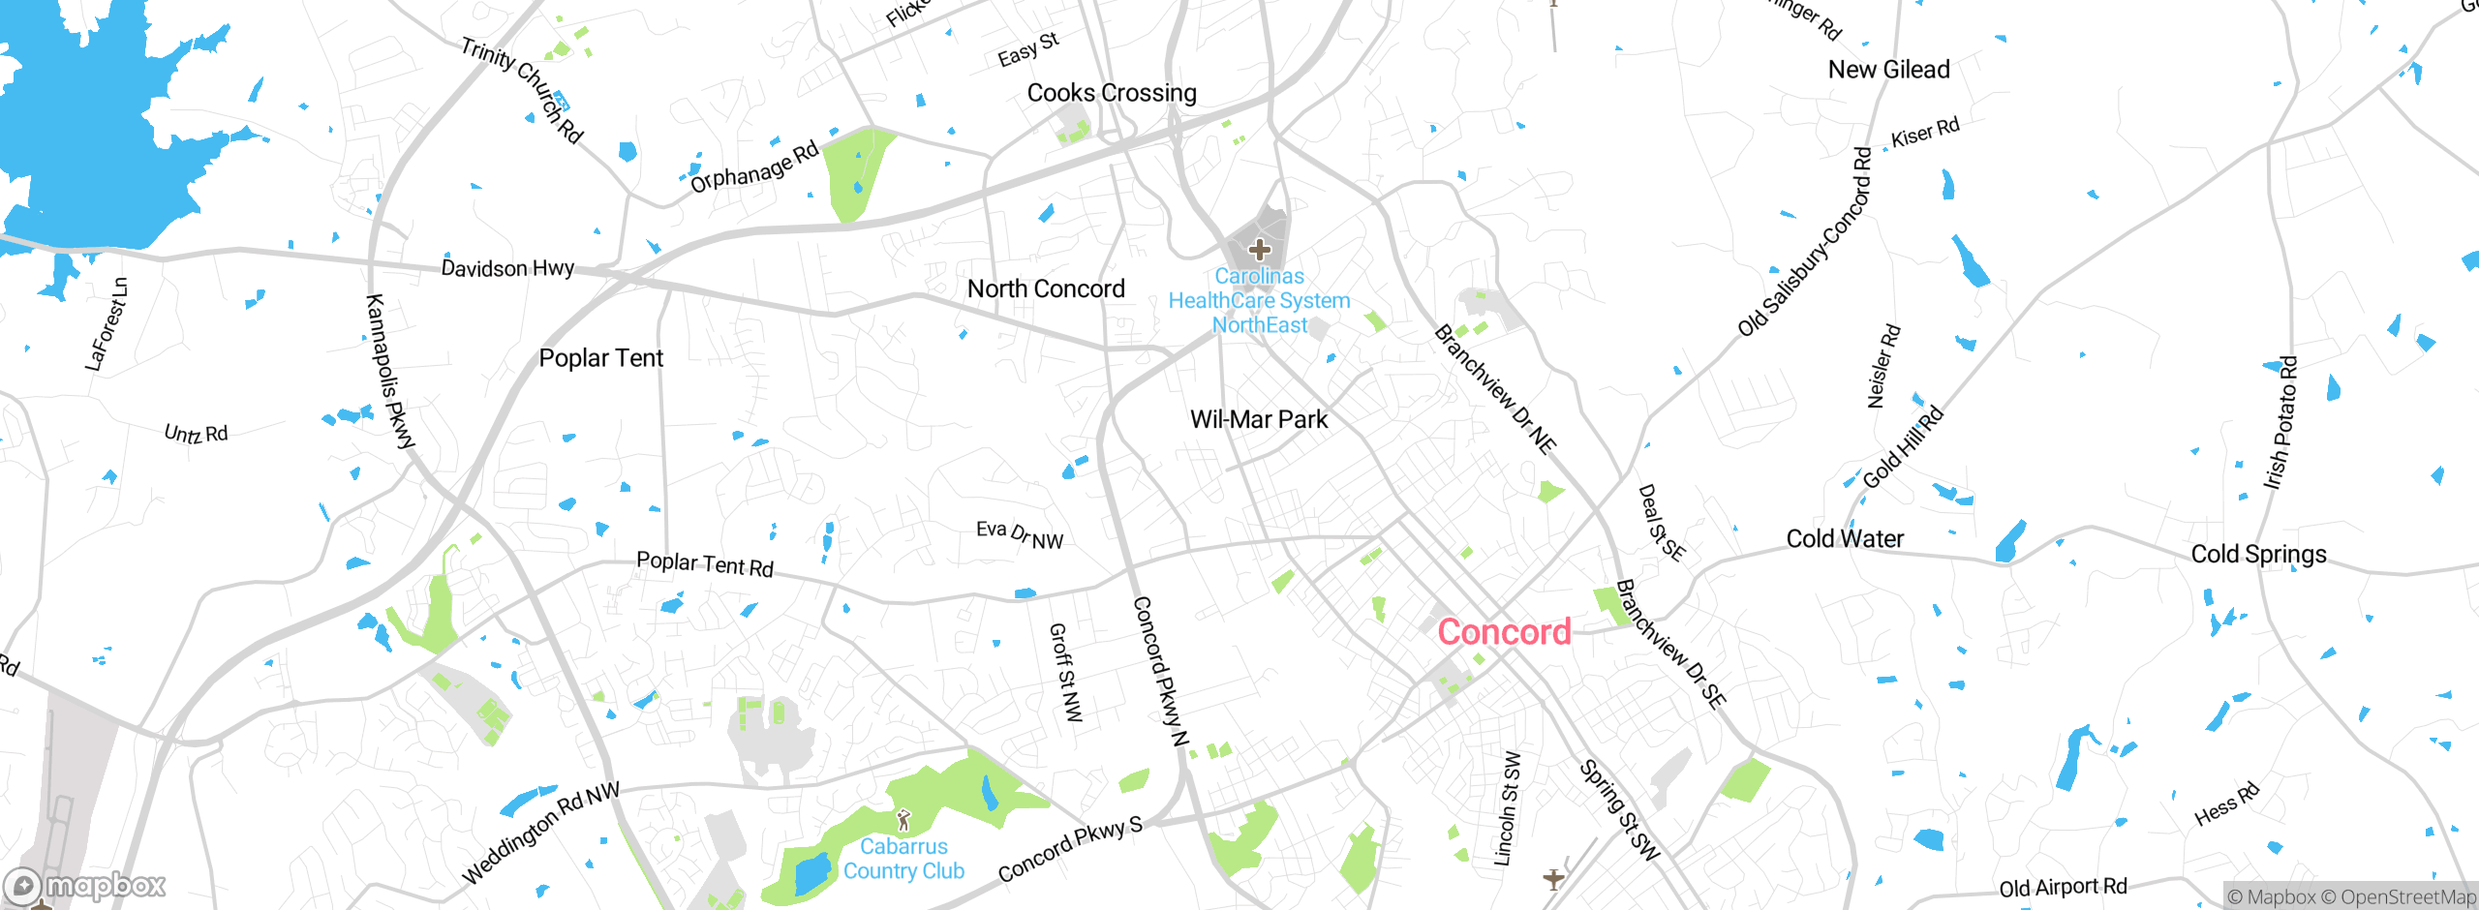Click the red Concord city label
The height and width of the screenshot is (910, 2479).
1504,632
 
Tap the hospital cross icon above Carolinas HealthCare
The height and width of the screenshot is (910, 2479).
1259,250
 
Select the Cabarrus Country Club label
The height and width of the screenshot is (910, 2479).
903,859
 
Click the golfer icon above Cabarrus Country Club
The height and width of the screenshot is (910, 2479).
904,821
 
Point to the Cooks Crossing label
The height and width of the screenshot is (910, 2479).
1112,93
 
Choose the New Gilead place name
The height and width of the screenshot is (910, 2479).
1888,70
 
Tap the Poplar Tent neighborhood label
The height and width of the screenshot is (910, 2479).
600,358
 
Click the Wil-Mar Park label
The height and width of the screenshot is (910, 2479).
1259,419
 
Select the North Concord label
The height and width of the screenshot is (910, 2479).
1046,288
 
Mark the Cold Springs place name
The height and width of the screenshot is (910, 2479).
2258,554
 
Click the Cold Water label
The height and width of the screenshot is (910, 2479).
1845,538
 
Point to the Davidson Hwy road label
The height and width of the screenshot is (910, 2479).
507,268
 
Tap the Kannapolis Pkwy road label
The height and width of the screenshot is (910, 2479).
389,372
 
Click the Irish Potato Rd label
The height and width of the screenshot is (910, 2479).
2280,423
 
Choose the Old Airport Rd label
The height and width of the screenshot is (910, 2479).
2063,887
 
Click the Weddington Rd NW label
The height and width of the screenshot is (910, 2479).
540,834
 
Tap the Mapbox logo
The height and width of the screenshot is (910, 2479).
85,885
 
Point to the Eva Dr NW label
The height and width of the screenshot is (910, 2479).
1019,534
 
